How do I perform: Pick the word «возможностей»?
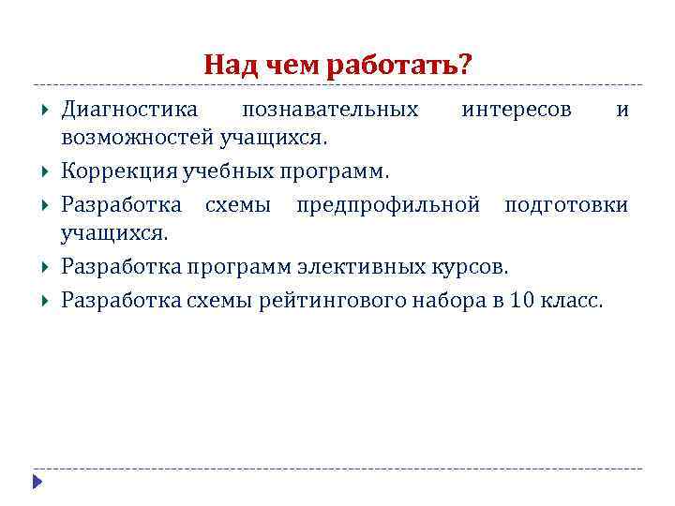138,140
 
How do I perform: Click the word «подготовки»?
566,204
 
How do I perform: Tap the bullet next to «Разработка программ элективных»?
46,267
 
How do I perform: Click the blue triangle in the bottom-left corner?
37,483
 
